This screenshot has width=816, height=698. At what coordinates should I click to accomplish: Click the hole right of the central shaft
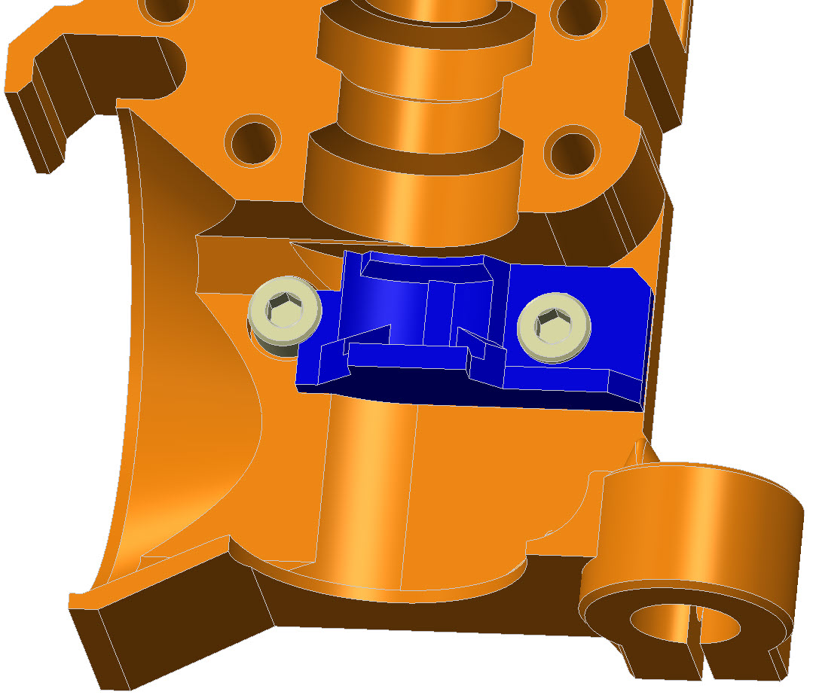pos(574,151)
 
